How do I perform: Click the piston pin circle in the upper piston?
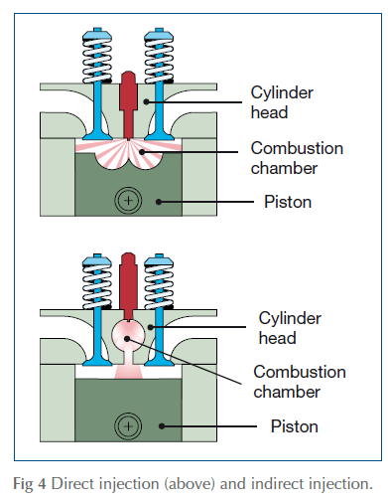tap(128, 201)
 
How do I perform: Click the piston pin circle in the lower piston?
tap(128, 426)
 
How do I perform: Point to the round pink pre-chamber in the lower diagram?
tap(128, 336)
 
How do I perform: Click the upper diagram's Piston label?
tap(288, 202)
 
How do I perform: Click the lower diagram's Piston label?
tap(295, 426)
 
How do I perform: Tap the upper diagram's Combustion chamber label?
tap(297, 158)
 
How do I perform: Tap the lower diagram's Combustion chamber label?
tap(300, 382)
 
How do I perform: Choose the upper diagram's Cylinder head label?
tap(282, 102)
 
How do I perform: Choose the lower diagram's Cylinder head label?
tap(290, 328)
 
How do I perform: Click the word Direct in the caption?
tap(71, 483)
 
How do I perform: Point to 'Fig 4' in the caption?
tap(30, 484)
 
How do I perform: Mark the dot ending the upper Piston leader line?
tap(159, 202)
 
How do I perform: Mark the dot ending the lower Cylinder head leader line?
tap(151, 327)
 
